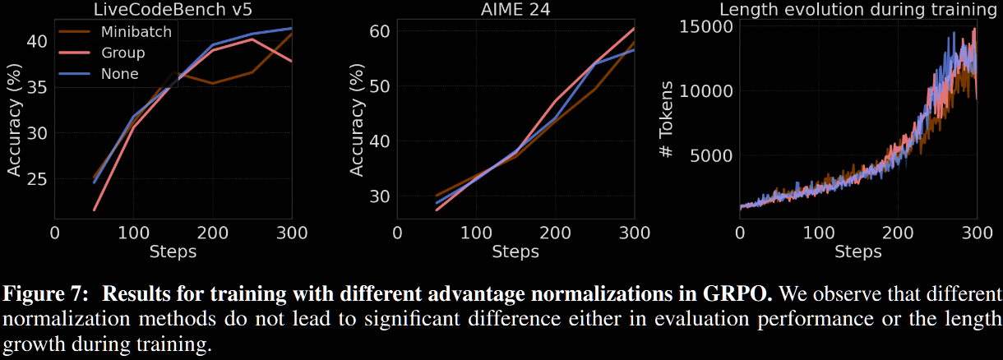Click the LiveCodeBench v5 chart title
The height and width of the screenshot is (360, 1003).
click(173, 11)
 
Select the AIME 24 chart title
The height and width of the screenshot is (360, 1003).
click(515, 11)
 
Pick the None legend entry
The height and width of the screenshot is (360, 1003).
click(119, 74)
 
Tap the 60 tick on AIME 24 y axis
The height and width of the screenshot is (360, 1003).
click(378, 31)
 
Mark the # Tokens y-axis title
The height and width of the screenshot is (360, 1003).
click(668, 120)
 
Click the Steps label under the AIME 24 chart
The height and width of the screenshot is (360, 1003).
click(515, 252)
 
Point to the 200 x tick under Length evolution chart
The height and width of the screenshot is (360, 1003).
click(899, 233)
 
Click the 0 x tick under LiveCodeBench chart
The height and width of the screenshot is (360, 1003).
click(54, 233)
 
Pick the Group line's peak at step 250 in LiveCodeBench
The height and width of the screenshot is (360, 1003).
click(252, 39)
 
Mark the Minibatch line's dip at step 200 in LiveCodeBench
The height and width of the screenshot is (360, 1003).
click(213, 83)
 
